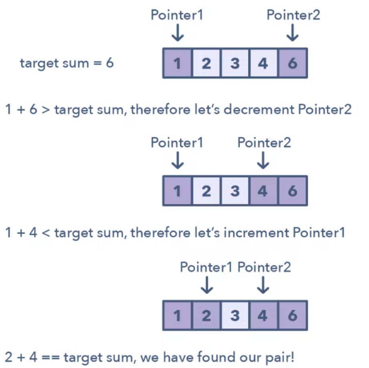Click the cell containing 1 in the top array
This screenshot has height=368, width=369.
(177, 63)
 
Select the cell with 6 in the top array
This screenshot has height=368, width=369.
(292, 63)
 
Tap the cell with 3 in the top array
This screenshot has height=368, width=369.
(235, 63)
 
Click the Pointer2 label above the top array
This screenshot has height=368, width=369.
(293, 15)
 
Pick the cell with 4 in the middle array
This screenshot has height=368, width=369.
(263, 191)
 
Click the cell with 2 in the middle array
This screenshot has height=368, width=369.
(206, 191)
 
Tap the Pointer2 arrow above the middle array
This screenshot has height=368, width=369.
(263, 161)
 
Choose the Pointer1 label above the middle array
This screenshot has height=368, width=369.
(177, 142)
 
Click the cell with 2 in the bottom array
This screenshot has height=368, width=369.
(206, 315)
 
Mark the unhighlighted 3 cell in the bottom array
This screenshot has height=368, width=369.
(235, 315)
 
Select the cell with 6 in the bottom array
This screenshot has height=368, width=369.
(292, 315)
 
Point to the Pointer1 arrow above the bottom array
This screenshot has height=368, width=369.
(206, 285)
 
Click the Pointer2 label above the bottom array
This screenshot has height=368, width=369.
(264, 267)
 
